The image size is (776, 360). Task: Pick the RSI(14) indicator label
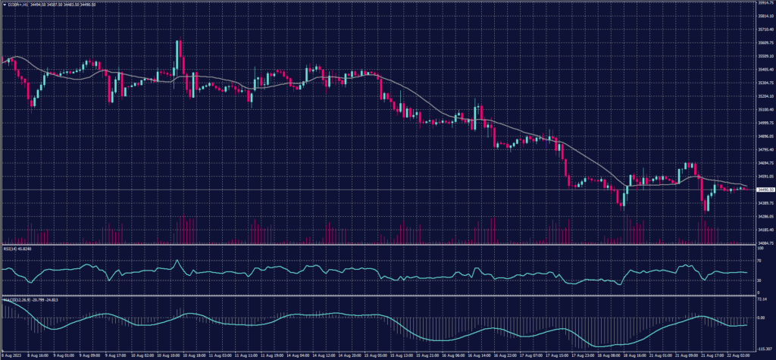pos(17,248)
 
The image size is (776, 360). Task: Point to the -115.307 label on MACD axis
pos(762,348)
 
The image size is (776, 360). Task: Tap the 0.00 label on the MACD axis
pos(760,317)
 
